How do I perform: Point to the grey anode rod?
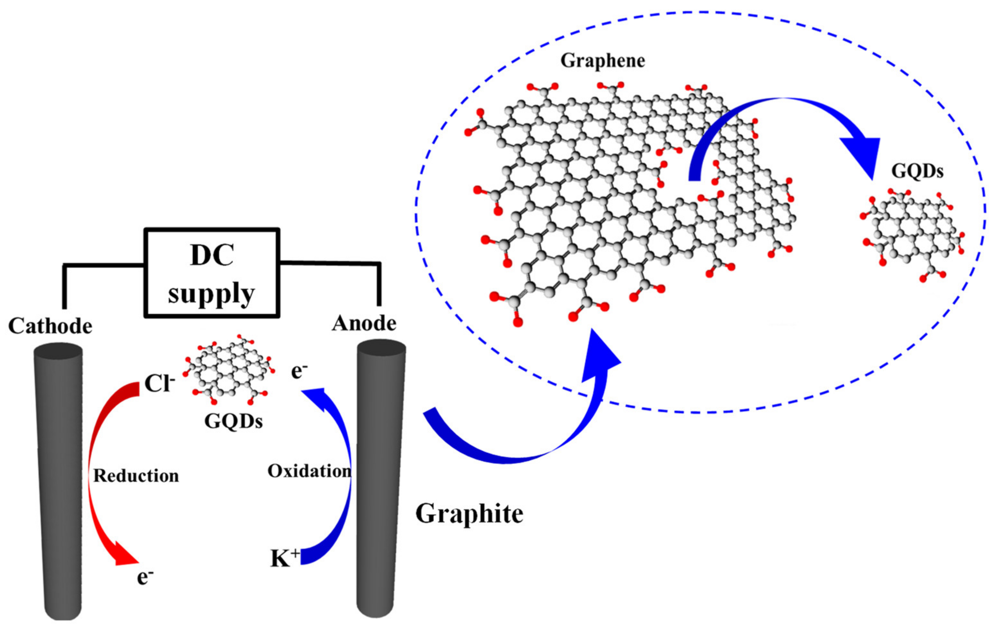378,480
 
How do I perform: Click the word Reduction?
136,476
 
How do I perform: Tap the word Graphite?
469,513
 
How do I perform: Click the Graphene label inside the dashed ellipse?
602,61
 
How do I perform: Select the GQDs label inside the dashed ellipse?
917,171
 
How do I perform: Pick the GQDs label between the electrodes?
233,422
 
